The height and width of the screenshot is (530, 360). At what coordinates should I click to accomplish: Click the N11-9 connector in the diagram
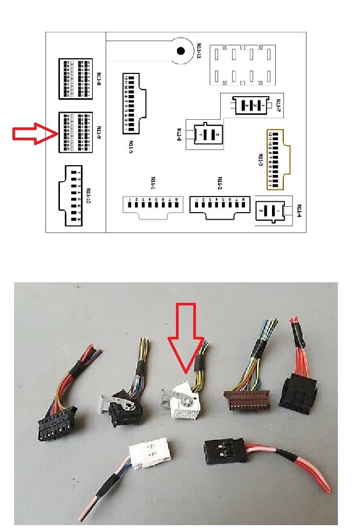[75, 132]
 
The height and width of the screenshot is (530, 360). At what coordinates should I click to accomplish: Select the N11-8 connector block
[75, 79]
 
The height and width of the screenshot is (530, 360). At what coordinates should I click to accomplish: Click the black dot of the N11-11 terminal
[181, 51]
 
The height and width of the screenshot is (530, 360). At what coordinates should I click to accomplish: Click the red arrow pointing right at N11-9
[33, 133]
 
